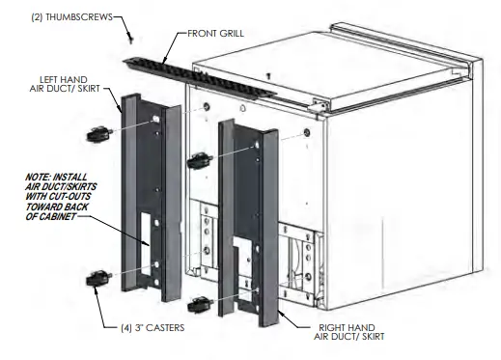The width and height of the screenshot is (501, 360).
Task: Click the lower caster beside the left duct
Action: (97, 280)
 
